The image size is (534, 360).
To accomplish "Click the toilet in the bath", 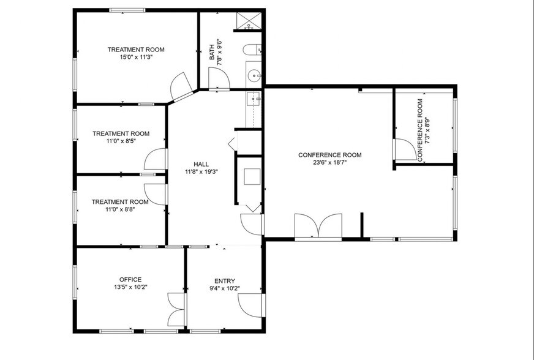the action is coord(252,50).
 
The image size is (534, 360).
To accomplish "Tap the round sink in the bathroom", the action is coord(254,75).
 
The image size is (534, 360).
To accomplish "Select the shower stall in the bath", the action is coord(249,21).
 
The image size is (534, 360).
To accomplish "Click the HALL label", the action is coord(201,164).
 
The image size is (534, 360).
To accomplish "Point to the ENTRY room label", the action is coord(224,281).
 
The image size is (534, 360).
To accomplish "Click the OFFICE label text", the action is coord(130,280).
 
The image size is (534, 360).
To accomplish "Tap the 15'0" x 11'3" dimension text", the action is coord(136,57).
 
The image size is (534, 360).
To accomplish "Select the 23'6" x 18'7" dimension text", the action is coord(329,162).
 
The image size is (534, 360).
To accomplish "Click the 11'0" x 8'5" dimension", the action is coord(121,141).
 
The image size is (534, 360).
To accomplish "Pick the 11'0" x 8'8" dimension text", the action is coord(120,209).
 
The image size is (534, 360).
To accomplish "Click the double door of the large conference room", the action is coord(318,225).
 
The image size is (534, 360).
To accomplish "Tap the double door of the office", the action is coord(176,310).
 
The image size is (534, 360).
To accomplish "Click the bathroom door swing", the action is coord(219,78).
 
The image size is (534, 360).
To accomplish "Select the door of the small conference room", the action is coord(405,149).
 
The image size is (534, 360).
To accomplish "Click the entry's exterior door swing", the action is coord(250,305).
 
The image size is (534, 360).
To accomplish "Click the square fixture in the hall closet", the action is coord(252,177).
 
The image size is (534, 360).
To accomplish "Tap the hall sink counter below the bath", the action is coord(254,110).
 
